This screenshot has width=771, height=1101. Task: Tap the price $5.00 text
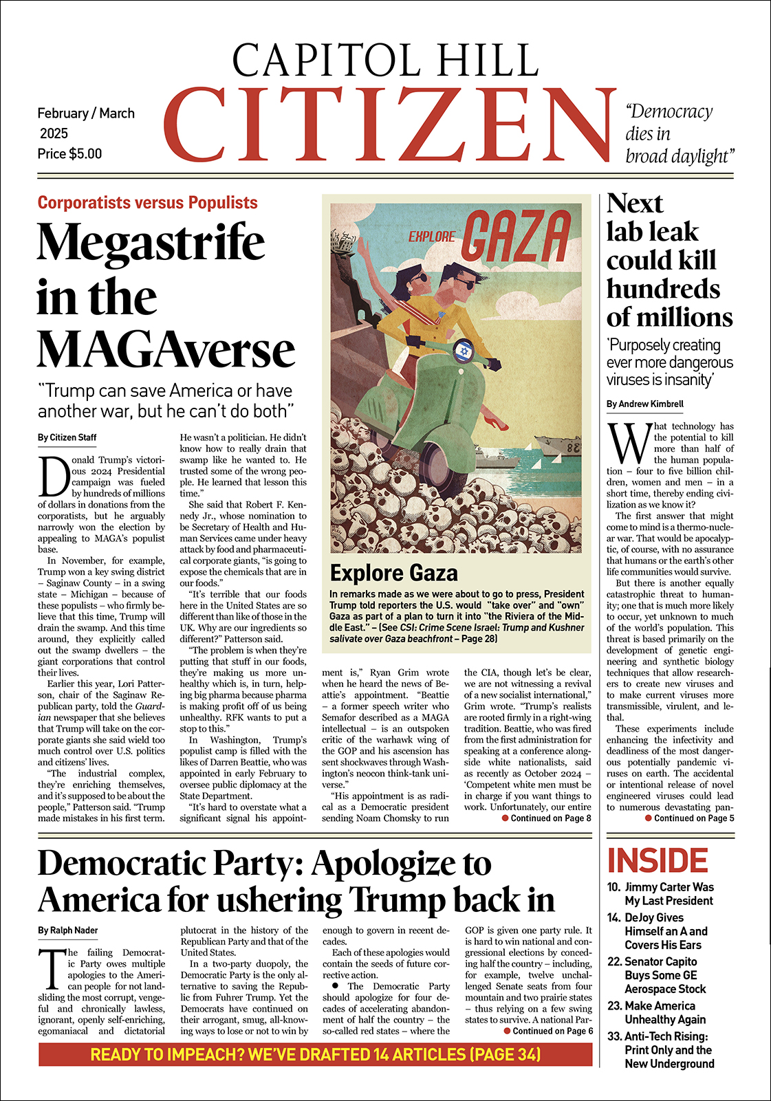pos(69,154)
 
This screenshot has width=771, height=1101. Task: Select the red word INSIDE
pos(658,861)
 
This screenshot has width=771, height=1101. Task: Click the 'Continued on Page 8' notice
pos(547,818)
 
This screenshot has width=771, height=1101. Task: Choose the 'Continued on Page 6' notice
pos(549,1031)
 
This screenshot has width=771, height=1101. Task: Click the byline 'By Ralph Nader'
pos(68,930)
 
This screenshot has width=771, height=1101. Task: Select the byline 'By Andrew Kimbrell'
pos(644,404)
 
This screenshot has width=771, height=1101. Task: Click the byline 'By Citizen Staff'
pos(67,437)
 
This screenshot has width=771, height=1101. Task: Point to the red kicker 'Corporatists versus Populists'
pos(147,203)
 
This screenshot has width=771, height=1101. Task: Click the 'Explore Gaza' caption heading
pos(393,573)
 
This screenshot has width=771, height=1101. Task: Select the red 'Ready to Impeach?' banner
pos(315,1054)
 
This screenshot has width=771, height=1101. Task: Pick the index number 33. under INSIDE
pos(614,1036)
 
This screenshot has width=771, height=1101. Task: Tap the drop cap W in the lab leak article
pos(628,444)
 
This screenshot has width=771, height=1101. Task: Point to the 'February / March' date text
pos(86,113)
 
